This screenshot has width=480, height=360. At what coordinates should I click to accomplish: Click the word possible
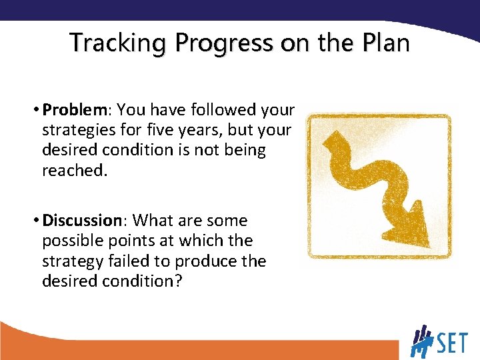tap(72, 241)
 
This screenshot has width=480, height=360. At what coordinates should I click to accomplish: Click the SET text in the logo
tap(450, 344)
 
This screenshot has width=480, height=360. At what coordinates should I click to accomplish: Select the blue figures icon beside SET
tap(421, 341)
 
